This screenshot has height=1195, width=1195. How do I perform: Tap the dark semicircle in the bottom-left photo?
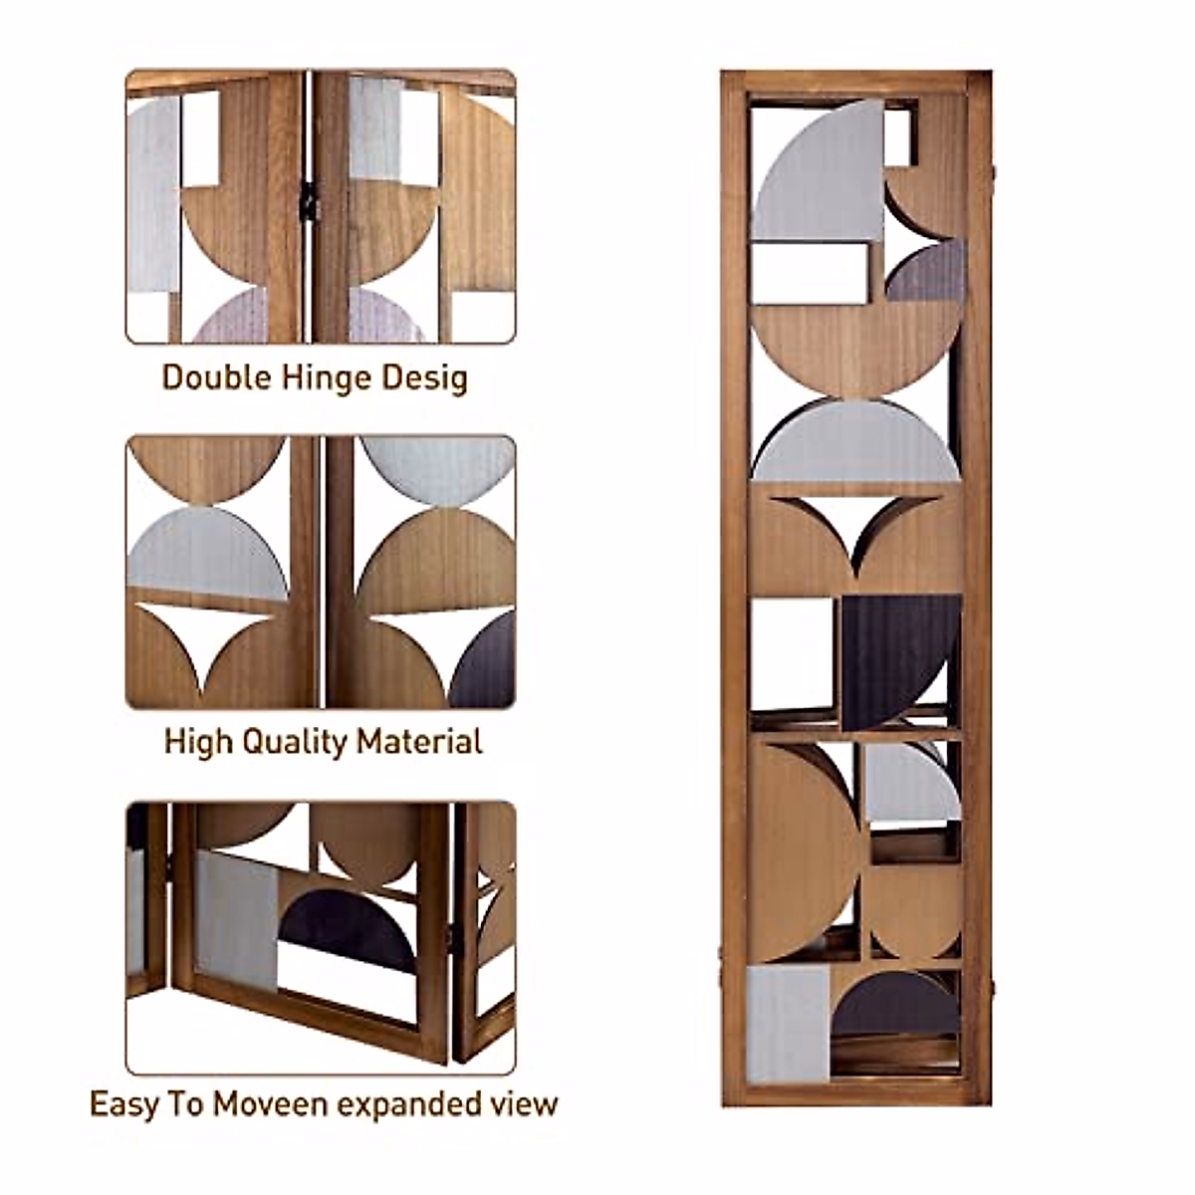coord(349,931)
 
